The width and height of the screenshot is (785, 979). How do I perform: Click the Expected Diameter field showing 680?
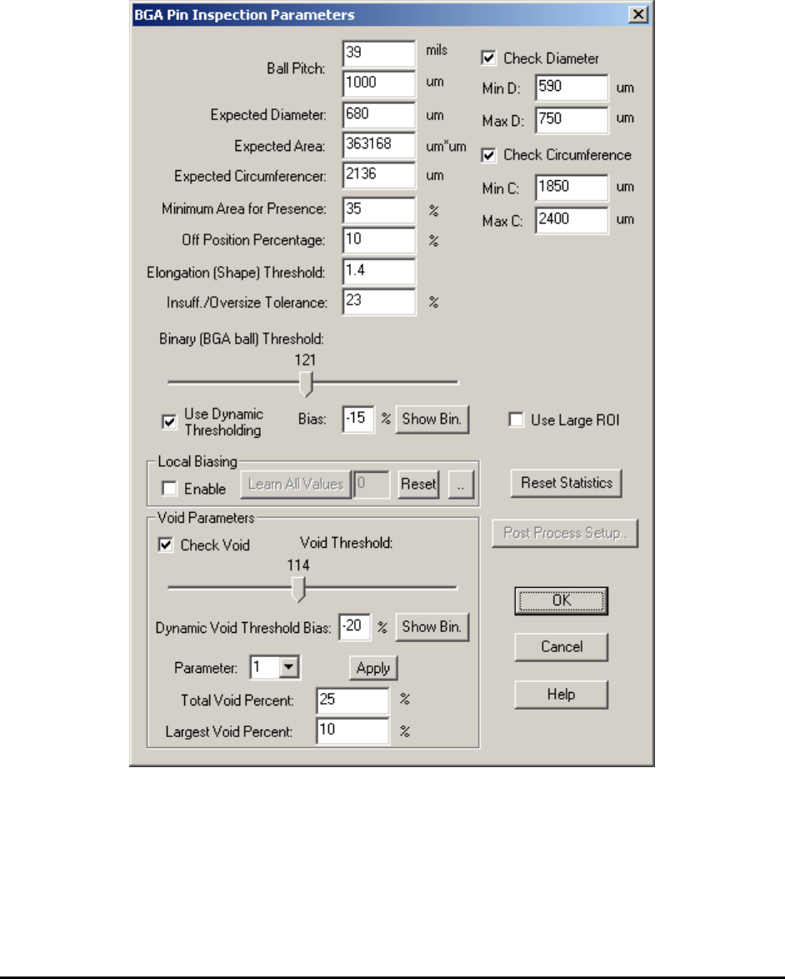point(378,114)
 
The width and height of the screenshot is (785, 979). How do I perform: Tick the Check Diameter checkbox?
point(489,58)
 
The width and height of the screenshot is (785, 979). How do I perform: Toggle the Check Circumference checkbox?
point(489,155)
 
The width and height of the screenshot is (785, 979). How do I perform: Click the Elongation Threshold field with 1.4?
point(378,271)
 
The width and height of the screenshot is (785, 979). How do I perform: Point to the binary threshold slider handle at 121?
point(307,384)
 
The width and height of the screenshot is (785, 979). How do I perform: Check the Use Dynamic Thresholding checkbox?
point(167,422)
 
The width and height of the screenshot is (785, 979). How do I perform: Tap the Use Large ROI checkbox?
point(517,421)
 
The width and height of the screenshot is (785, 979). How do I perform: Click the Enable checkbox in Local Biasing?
point(169,489)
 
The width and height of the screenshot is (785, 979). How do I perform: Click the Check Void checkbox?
point(166,545)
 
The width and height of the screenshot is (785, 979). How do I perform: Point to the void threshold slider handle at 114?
point(299,589)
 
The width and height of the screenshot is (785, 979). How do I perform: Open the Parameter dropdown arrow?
point(290,668)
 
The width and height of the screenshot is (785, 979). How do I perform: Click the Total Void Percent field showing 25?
point(352,701)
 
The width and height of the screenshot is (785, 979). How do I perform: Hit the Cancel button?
point(561,646)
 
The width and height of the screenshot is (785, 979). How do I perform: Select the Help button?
point(561,694)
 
